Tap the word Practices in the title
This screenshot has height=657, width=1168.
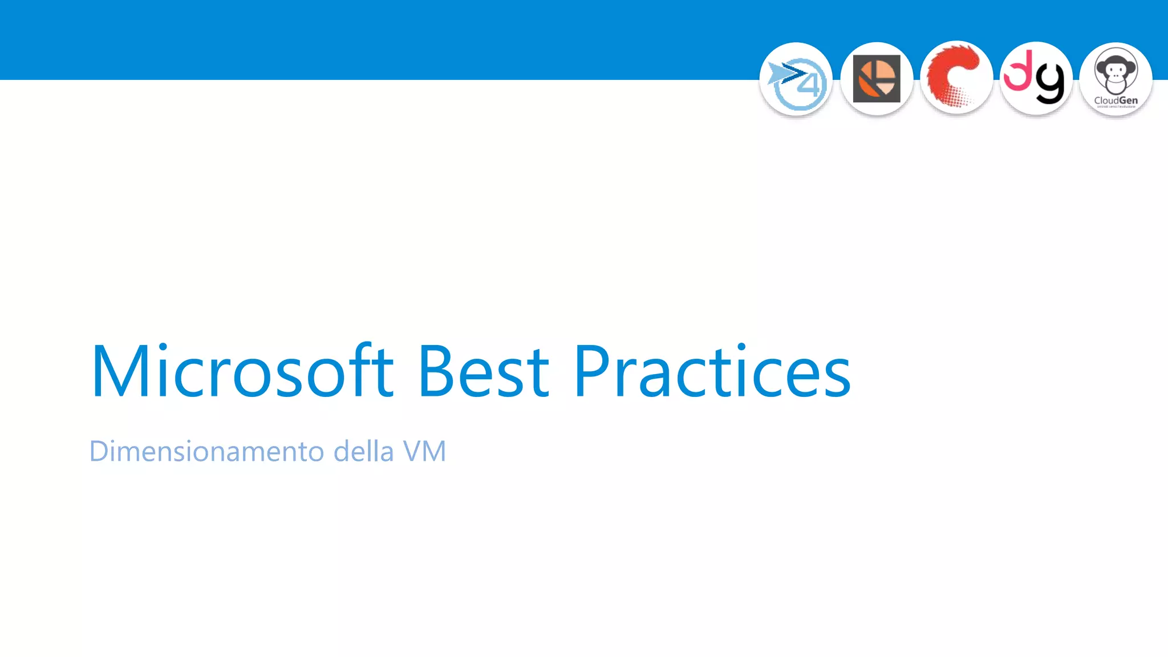[x=712, y=371]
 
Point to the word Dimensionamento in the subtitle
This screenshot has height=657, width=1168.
[x=206, y=451]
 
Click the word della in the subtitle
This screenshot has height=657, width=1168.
[x=363, y=451]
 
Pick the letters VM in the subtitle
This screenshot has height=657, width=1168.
[x=424, y=451]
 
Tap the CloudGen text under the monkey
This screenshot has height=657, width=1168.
[x=1116, y=100]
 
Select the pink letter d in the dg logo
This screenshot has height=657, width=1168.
[x=1018, y=71]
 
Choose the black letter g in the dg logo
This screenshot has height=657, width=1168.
[x=1050, y=83]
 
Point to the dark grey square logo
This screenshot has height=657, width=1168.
[x=877, y=79]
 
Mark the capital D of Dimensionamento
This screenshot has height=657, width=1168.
[x=100, y=451]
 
